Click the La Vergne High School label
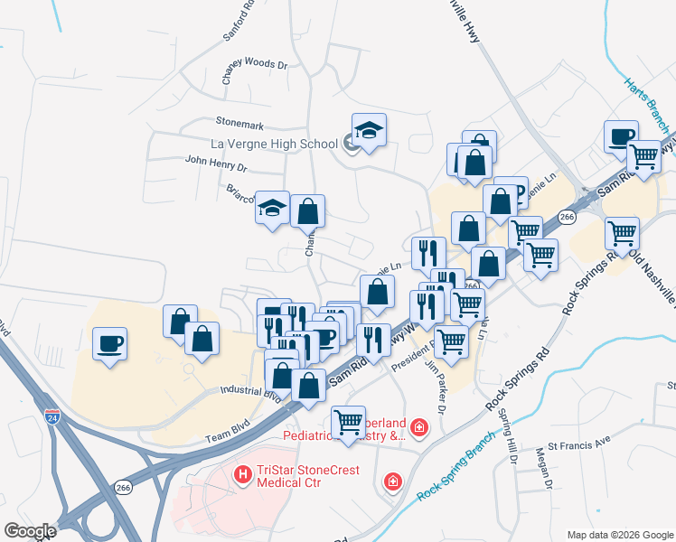pos(273,144)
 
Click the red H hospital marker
pos(241,473)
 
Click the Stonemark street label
pos(238,120)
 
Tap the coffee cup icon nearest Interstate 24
pos(109,344)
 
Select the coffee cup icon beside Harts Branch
pos(621,136)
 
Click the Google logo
pos(31,531)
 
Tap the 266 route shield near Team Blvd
pos(123,487)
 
